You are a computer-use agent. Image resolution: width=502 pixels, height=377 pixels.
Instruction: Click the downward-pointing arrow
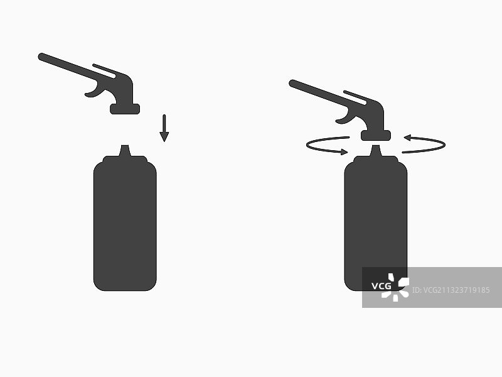click(164, 128)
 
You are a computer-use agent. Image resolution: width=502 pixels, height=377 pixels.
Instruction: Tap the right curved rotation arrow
click(444, 145)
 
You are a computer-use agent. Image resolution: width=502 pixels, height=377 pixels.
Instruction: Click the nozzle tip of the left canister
click(125, 146)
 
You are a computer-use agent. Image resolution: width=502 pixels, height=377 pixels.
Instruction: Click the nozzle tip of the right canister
click(375, 146)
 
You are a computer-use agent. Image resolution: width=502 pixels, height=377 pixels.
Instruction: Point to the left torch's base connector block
click(125, 109)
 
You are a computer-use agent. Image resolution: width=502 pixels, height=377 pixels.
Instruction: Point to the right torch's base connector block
click(376, 136)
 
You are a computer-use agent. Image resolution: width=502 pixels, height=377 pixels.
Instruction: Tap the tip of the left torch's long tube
click(41, 57)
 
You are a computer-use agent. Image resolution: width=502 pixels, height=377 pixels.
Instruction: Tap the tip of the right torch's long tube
click(292, 83)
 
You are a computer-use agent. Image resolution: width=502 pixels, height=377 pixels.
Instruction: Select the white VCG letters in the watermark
click(381, 286)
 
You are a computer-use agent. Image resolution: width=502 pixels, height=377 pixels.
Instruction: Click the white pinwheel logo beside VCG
click(395, 287)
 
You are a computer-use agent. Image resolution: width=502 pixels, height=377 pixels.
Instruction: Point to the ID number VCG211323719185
click(451, 290)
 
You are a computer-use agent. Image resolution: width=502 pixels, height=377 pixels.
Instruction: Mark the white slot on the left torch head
click(104, 71)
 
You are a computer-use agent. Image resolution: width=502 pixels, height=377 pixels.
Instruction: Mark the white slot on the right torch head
click(355, 97)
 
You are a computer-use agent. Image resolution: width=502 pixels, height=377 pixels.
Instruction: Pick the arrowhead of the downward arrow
click(164, 137)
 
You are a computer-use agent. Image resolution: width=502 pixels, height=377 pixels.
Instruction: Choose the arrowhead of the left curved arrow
click(344, 151)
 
